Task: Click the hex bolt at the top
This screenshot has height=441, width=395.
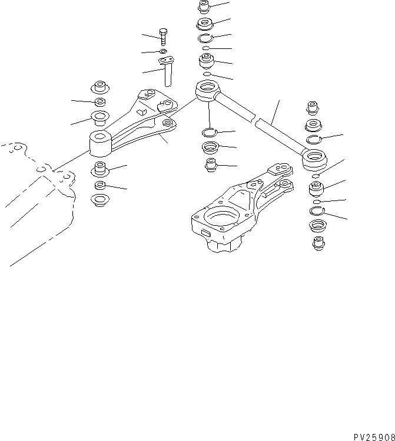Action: (163, 35)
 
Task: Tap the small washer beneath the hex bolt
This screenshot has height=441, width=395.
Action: (163, 51)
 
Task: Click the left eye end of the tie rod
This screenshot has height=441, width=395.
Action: (207, 92)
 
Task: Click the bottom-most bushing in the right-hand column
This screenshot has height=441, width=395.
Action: (318, 242)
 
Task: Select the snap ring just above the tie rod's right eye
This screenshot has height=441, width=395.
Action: (315, 139)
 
